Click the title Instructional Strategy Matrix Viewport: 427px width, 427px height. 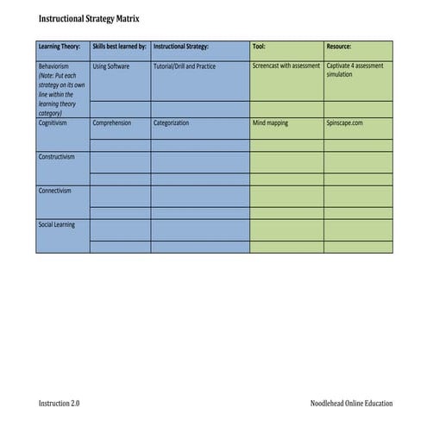(x=88, y=18)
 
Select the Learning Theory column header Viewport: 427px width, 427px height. (x=60, y=47)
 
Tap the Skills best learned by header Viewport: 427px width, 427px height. (x=119, y=47)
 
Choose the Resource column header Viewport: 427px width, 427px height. (x=339, y=47)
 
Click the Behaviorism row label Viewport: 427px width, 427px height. (x=54, y=66)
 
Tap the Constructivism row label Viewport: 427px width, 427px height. (x=57, y=157)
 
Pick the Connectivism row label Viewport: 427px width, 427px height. (x=55, y=191)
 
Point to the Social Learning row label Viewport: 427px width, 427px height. (x=57, y=224)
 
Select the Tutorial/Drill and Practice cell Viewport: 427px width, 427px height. (x=185, y=66)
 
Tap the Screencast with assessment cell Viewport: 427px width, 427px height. (x=286, y=66)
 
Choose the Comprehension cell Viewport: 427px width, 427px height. (x=112, y=123)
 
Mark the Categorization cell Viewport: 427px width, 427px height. (x=172, y=123)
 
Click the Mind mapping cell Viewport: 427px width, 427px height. (x=271, y=123)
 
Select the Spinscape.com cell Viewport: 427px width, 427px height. (x=345, y=123)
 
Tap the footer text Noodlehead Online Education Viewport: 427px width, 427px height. (x=351, y=404)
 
